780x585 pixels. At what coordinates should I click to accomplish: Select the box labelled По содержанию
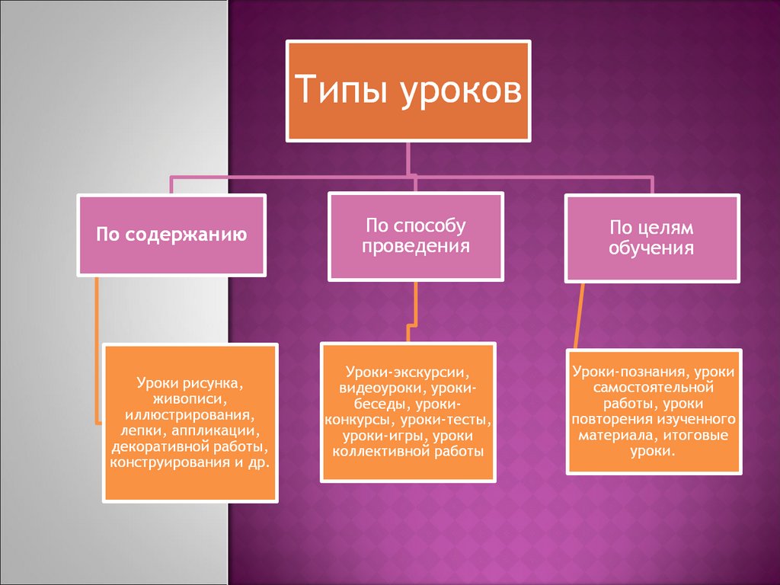click(x=171, y=235)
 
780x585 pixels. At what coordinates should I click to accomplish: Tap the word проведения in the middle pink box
click(x=416, y=247)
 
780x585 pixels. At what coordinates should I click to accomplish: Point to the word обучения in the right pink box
click(x=651, y=248)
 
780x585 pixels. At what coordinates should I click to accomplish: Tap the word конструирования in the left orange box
click(x=166, y=462)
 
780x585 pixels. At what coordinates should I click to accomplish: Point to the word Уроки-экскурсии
click(x=408, y=373)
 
